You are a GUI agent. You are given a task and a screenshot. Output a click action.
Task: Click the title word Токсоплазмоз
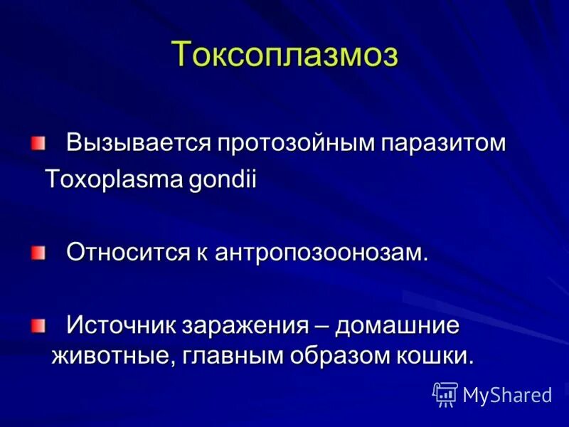click(284, 55)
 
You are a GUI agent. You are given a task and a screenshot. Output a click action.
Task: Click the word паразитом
click(444, 142)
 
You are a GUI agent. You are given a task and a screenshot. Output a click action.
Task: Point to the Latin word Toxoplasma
click(115, 179)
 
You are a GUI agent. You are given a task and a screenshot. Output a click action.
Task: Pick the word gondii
click(222, 179)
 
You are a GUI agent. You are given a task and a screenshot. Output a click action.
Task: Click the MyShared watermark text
click(506, 395)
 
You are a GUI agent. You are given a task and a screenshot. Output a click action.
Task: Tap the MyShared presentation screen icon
click(445, 394)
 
